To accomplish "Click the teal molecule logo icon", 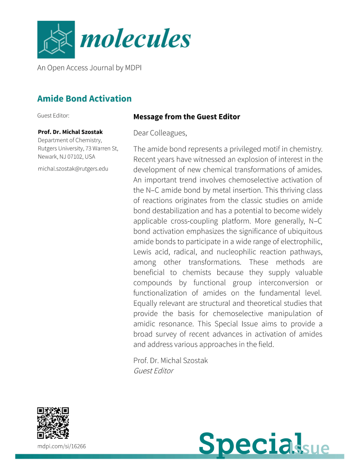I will click(56, 39).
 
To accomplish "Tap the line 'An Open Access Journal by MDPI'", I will click(89, 68).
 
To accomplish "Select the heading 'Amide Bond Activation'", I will click(84, 99).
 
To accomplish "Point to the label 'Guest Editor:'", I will click(53, 116).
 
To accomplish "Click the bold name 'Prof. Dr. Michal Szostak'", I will click(70, 132).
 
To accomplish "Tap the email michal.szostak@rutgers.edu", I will click(73, 168).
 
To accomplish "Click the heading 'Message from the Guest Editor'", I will click(186, 117).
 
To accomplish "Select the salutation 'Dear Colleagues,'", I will click(160, 133).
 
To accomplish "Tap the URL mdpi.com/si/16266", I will click(62, 446).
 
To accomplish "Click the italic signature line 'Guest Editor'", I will click(153, 371).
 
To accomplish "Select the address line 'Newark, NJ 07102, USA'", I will click(66, 157).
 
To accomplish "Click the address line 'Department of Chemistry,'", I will click(70, 140).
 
